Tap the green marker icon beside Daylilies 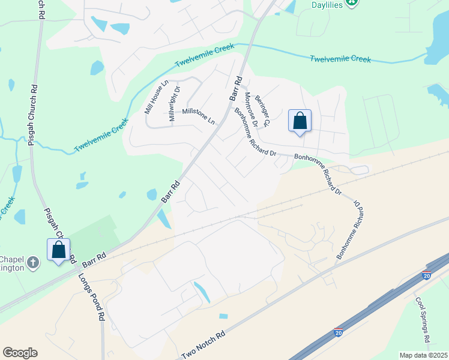click(354, 2)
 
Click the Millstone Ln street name click(198, 115)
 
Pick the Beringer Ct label click(263, 110)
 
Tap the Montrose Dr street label click(251, 109)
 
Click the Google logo click(20, 353)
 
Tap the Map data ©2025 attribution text click(423, 355)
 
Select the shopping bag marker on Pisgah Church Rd click(59, 250)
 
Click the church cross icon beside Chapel click(34, 262)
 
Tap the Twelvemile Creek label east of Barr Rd click(340, 59)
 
